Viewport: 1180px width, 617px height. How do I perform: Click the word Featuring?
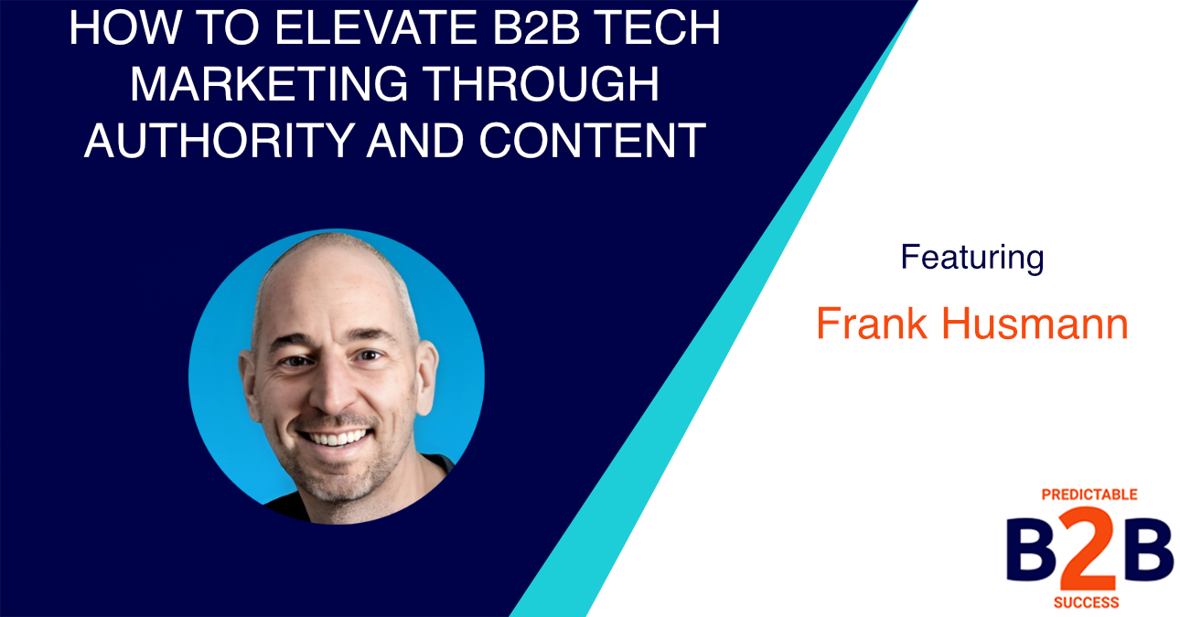(x=971, y=258)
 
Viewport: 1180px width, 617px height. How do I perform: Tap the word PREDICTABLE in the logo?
(x=1089, y=495)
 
